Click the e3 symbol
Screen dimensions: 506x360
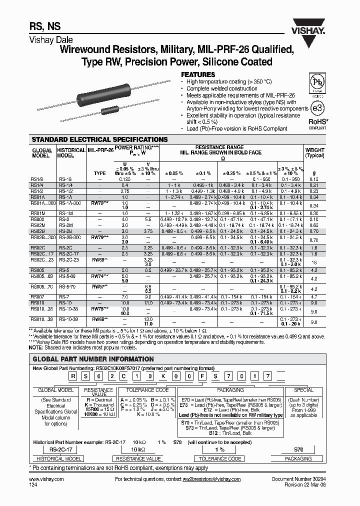coord(317,107)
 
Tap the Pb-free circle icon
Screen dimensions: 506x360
coord(317,83)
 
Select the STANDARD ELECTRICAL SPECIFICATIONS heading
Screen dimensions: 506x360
coord(99,139)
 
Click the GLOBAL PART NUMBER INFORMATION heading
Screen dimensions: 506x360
coord(93,359)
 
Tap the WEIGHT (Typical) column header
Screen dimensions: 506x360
coord(314,152)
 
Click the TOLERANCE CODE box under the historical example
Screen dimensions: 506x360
coord(220,458)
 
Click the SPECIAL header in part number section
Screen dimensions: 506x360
coord(303,389)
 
